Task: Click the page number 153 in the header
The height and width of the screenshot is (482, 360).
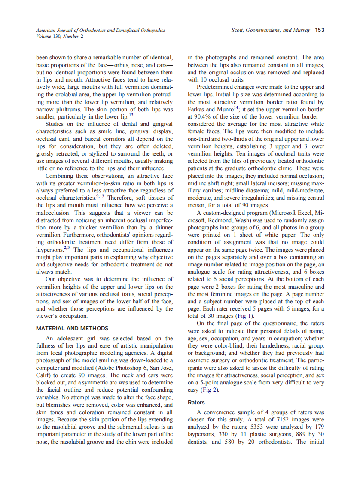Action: (x=319, y=31)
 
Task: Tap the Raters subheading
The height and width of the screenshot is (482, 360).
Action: (x=197, y=403)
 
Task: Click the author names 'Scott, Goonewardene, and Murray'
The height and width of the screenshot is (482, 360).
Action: (x=267, y=31)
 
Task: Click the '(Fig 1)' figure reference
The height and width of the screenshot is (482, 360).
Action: (x=245, y=316)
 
